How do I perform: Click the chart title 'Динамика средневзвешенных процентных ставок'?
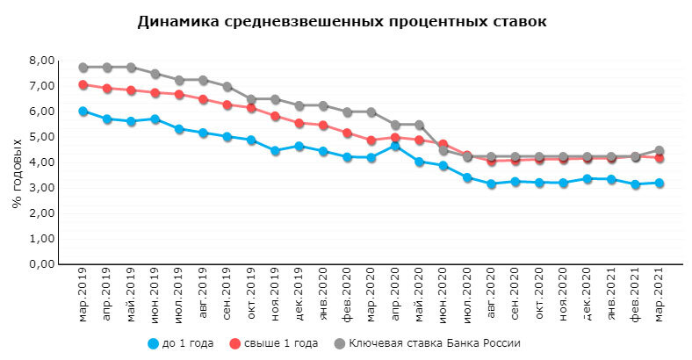[x=342, y=21]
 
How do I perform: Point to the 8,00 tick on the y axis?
[x=43, y=61]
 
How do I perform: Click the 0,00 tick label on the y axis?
[x=43, y=264]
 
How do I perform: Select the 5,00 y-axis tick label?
[x=43, y=137]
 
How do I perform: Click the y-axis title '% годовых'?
[x=17, y=173]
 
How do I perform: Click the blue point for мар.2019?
[x=83, y=112]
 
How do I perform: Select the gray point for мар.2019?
[x=83, y=68]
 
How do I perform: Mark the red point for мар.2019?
[x=83, y=85]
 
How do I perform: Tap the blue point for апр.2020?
[x=395, y=147]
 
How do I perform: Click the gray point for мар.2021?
[x=660, y=151]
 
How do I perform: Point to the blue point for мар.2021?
[x=660, y=184]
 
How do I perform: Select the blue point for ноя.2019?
[x=275, y=151]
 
